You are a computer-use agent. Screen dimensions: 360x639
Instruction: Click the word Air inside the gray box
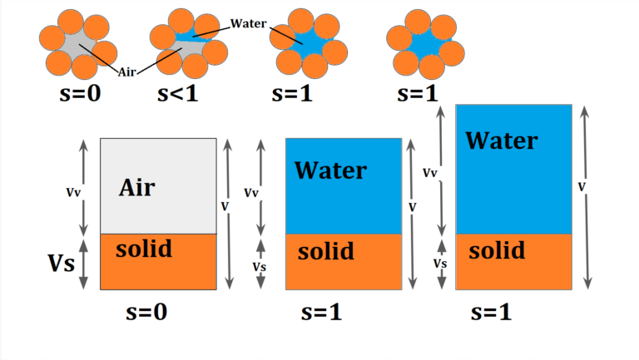pos(136,186)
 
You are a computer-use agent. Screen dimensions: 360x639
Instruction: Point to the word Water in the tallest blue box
pos(501,140)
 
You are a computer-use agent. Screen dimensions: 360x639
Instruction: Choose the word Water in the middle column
pos(330,170)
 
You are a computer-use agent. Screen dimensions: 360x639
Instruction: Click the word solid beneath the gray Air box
pos(144,249)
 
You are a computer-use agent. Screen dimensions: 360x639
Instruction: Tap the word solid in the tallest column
pos(496,249)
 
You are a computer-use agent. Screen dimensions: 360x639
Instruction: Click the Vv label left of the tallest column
pos(430,173)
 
